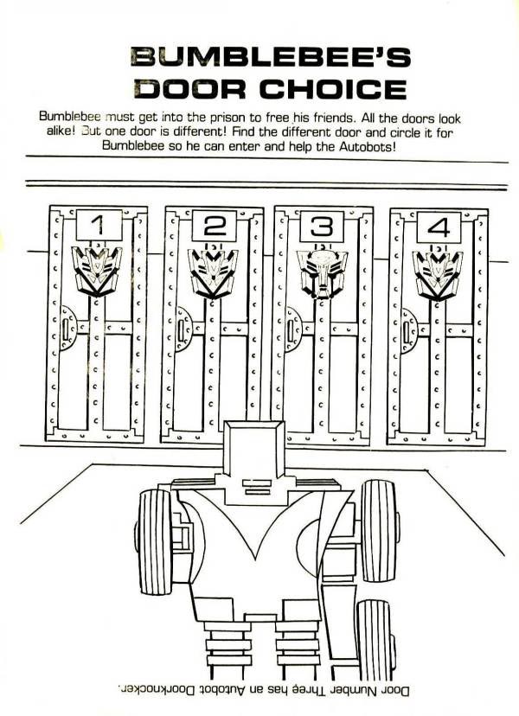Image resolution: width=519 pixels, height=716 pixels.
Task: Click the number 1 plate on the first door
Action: point(99,225)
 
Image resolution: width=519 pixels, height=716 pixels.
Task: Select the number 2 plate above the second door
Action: point(214,226)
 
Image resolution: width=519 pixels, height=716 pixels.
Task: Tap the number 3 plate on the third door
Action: point(321,227)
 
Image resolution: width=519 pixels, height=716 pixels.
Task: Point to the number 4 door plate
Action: point(439,227)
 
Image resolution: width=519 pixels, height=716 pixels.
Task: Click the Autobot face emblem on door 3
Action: point(321,273)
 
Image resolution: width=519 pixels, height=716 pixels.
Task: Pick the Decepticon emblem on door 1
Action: point(97,271)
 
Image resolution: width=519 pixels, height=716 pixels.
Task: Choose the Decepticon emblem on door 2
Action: point(213,273)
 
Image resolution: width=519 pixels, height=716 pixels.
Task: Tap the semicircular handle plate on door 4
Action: point(409,330)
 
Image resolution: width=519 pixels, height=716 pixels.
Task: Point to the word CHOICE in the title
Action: point(333,89)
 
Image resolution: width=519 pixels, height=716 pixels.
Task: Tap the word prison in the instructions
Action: point(228,118)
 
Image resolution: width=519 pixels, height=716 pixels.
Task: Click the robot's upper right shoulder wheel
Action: point(379,531)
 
